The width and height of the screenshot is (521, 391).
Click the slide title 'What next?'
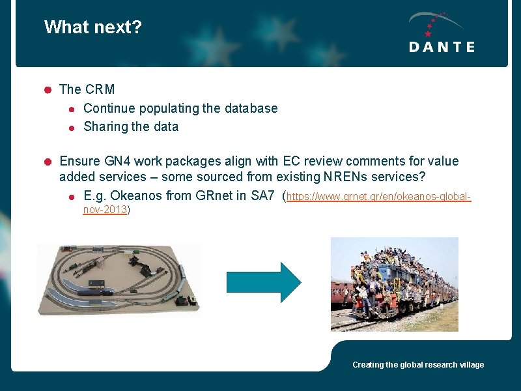coord(93,27)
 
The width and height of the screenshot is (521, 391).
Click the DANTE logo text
coord(442,47)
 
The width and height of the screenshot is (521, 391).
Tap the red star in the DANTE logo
coord(428,33)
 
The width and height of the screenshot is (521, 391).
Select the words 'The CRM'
coord(87,89)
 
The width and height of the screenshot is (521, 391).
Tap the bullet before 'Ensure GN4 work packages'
coord(48,161)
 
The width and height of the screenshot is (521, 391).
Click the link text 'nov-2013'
coord(106,209)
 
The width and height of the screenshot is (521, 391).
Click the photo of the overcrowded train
coord(394,283)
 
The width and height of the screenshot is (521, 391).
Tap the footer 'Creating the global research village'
coord(418,365)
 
